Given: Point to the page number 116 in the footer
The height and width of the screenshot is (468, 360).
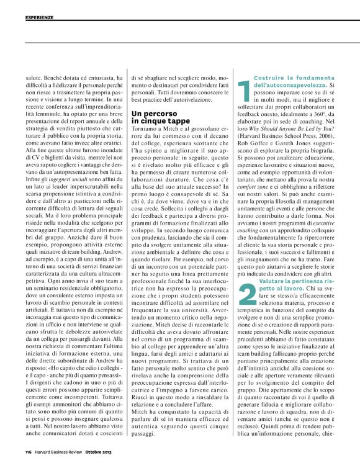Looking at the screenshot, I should pos(29,451).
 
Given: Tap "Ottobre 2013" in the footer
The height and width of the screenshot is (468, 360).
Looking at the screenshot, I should pos(99,451).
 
